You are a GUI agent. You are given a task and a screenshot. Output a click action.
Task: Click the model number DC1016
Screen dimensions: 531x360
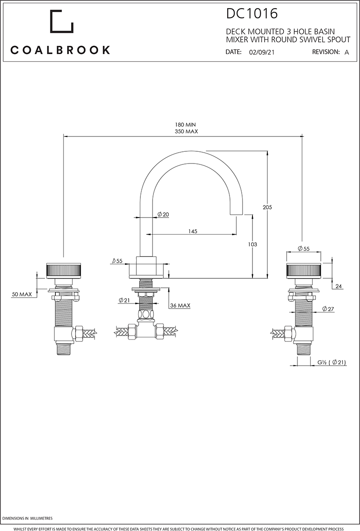[x=252, y=14]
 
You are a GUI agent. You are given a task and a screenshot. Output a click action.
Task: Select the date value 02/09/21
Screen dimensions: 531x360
[x=262, y=52]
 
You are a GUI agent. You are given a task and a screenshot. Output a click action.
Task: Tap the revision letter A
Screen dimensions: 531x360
[x=346, y=52]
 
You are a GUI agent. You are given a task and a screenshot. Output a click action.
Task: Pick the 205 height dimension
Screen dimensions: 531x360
[x=268, y=207]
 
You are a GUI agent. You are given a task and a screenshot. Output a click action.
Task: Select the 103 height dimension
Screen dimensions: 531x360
[x=252, y=244]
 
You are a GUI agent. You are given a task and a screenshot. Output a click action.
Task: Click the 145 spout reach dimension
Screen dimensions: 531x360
[x=193, y=231]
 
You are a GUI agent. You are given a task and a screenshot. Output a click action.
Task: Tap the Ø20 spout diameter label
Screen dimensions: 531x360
[x=163, y=215]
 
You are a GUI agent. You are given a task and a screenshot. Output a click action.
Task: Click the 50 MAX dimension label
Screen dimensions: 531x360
[x=22, y=294]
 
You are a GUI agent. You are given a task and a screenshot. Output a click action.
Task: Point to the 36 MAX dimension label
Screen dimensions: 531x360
[x=180, y=305]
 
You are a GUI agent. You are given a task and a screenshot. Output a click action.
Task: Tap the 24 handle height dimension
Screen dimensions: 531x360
[x=338, y=286]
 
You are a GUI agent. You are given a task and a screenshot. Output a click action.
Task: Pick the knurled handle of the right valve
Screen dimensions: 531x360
[x=303, y=272]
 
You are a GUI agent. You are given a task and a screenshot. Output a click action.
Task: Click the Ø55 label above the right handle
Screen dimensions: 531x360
[x=304, y=249]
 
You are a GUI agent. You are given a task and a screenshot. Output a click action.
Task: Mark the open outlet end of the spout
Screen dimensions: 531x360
[x=237, y=213]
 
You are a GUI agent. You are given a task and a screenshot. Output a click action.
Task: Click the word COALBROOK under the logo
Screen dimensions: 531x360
[x=60, y=50]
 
